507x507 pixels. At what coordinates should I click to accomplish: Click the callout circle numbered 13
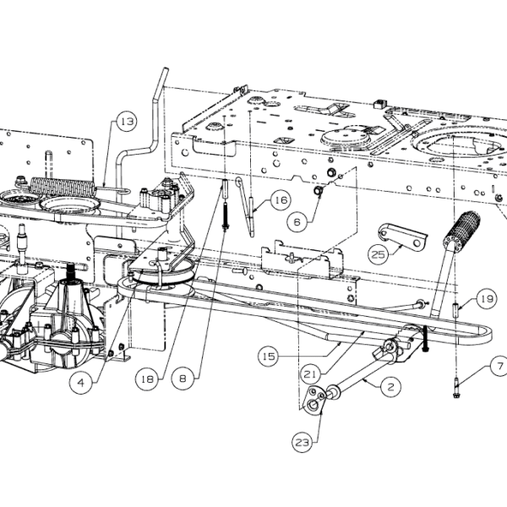tap(127, 122)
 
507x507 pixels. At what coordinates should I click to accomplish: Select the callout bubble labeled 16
tap(280, 200)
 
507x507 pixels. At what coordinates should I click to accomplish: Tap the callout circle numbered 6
tap(297, 222)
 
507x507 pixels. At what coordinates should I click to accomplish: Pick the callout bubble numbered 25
tap(379, 255)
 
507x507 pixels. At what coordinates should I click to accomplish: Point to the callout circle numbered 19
tap(487, 299)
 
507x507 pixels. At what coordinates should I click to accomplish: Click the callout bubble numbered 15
tap(269, 357)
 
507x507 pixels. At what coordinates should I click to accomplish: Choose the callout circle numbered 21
tap(310, 374)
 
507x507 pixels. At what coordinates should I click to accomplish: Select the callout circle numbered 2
tap(391, 387)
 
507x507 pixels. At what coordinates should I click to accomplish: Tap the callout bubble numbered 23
tap(303, 442)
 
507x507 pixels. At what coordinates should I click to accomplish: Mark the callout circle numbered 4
tap(80, 383)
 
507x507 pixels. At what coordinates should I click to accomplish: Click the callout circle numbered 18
tap(147, 379)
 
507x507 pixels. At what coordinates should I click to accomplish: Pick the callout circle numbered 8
tap(183, 379)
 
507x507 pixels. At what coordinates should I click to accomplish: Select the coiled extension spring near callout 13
tap(63, 187)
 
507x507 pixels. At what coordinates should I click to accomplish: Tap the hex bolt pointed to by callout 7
tap(456, 388)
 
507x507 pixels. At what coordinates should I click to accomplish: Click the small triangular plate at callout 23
tap(313, 399)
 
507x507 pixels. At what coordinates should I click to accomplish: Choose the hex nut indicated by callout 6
tap(318, 191)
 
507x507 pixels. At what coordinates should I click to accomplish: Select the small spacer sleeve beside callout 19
tap(455, 310)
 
